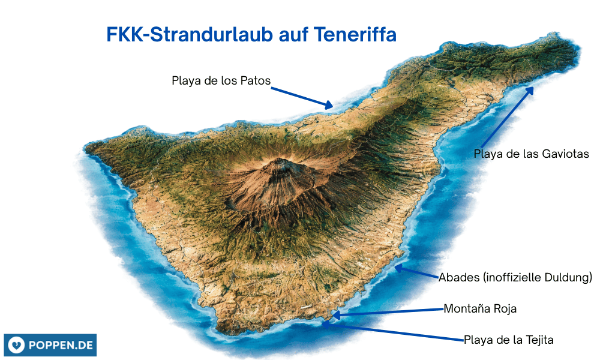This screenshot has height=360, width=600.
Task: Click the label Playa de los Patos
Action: tap(221, 80)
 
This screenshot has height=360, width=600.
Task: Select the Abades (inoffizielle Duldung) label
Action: tap(515, 277)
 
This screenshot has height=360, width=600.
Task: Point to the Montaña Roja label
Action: tap(480, 309)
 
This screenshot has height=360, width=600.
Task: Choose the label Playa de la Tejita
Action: tap(508, 340)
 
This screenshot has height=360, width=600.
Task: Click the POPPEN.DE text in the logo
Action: tap(59, 345)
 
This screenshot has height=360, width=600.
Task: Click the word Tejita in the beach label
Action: tap(538, 340)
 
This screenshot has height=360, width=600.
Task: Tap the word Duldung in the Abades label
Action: tap(567, 277)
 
